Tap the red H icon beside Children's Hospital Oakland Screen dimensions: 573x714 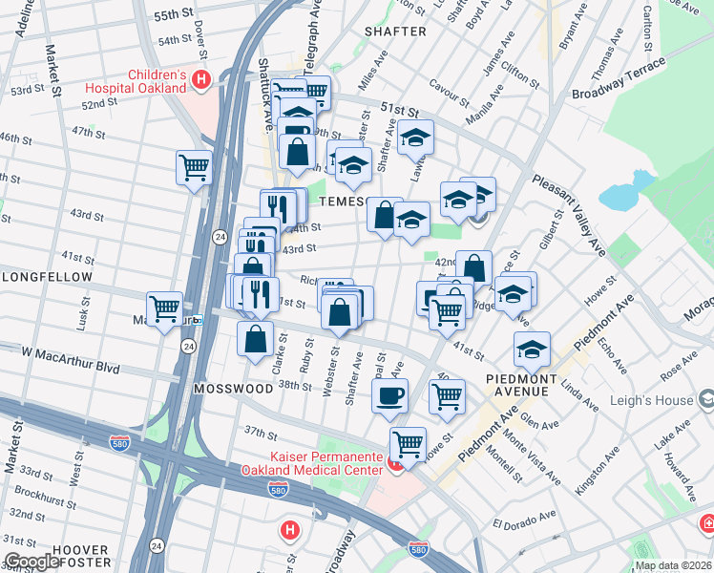[x=200, y=81]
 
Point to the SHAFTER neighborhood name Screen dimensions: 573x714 [x=395, y=32]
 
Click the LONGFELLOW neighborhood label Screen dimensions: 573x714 [x=46, y=278]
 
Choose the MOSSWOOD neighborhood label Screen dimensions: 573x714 [x=227, y=390]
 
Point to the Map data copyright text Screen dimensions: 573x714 [x=673, y=565]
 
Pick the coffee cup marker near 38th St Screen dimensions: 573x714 [x=389, y=394]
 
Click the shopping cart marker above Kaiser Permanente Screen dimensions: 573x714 [x=409, y=443]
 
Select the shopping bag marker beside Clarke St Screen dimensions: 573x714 [x=255, y=338]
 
